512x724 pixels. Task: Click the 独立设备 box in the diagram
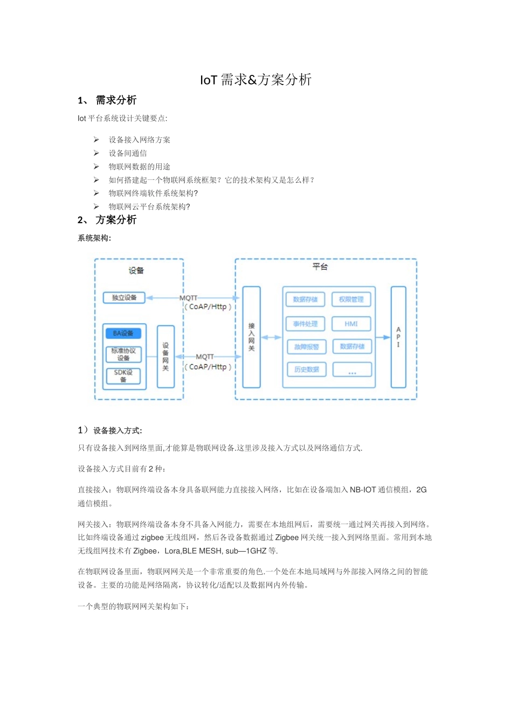point(124,297)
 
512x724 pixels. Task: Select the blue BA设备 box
point(123,333)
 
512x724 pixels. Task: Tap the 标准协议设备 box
point(123,354)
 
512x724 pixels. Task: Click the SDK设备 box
point(123,375)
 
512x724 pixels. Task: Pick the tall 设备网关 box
point(165,357)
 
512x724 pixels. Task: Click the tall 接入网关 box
point(251,337)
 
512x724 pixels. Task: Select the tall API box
point(398,337)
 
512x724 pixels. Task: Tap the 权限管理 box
point(351,300)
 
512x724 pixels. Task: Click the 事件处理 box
point(306,324)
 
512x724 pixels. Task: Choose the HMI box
point(351,324)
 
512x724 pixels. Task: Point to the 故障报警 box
point(306,347)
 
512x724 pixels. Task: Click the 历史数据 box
point(306,370)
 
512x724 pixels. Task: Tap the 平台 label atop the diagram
point(320,267)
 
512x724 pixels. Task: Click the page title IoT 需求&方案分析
point(256,80)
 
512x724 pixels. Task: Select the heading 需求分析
point(116,100)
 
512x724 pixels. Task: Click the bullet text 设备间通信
point(128,153)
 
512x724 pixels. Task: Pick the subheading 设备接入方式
point(117,430)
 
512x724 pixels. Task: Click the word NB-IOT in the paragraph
point(363,490)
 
